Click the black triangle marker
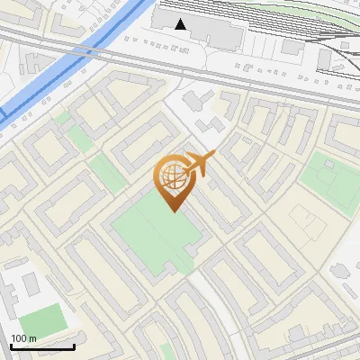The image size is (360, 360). pos(181,24)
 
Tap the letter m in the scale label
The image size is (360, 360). pos(33,338)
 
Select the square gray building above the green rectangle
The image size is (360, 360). pos(30,284)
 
